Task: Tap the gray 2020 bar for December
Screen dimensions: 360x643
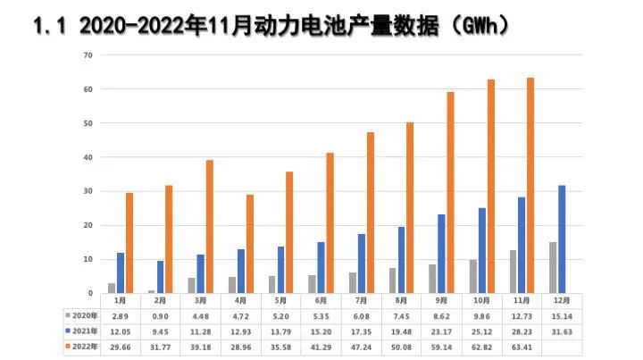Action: click(552, 267)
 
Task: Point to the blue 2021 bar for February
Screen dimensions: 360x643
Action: click(160, 277)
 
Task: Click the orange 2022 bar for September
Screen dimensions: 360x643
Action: click(451, 193)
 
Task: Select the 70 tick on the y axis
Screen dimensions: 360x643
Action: click(88, 55)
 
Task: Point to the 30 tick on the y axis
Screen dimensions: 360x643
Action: click(88, 191)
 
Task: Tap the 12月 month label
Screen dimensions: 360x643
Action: click(558, 301)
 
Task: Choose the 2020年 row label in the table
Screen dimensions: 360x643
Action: click(83, 315)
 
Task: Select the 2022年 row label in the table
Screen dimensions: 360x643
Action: click(83, 345)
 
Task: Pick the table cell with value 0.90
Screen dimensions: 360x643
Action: click(160, 315)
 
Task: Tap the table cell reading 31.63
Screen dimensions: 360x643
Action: click(558, 331)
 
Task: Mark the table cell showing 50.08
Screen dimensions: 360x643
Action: click(403, 345)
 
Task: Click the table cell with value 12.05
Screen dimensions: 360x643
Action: click(119, 331)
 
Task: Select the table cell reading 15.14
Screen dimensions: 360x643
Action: click(558, 315)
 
